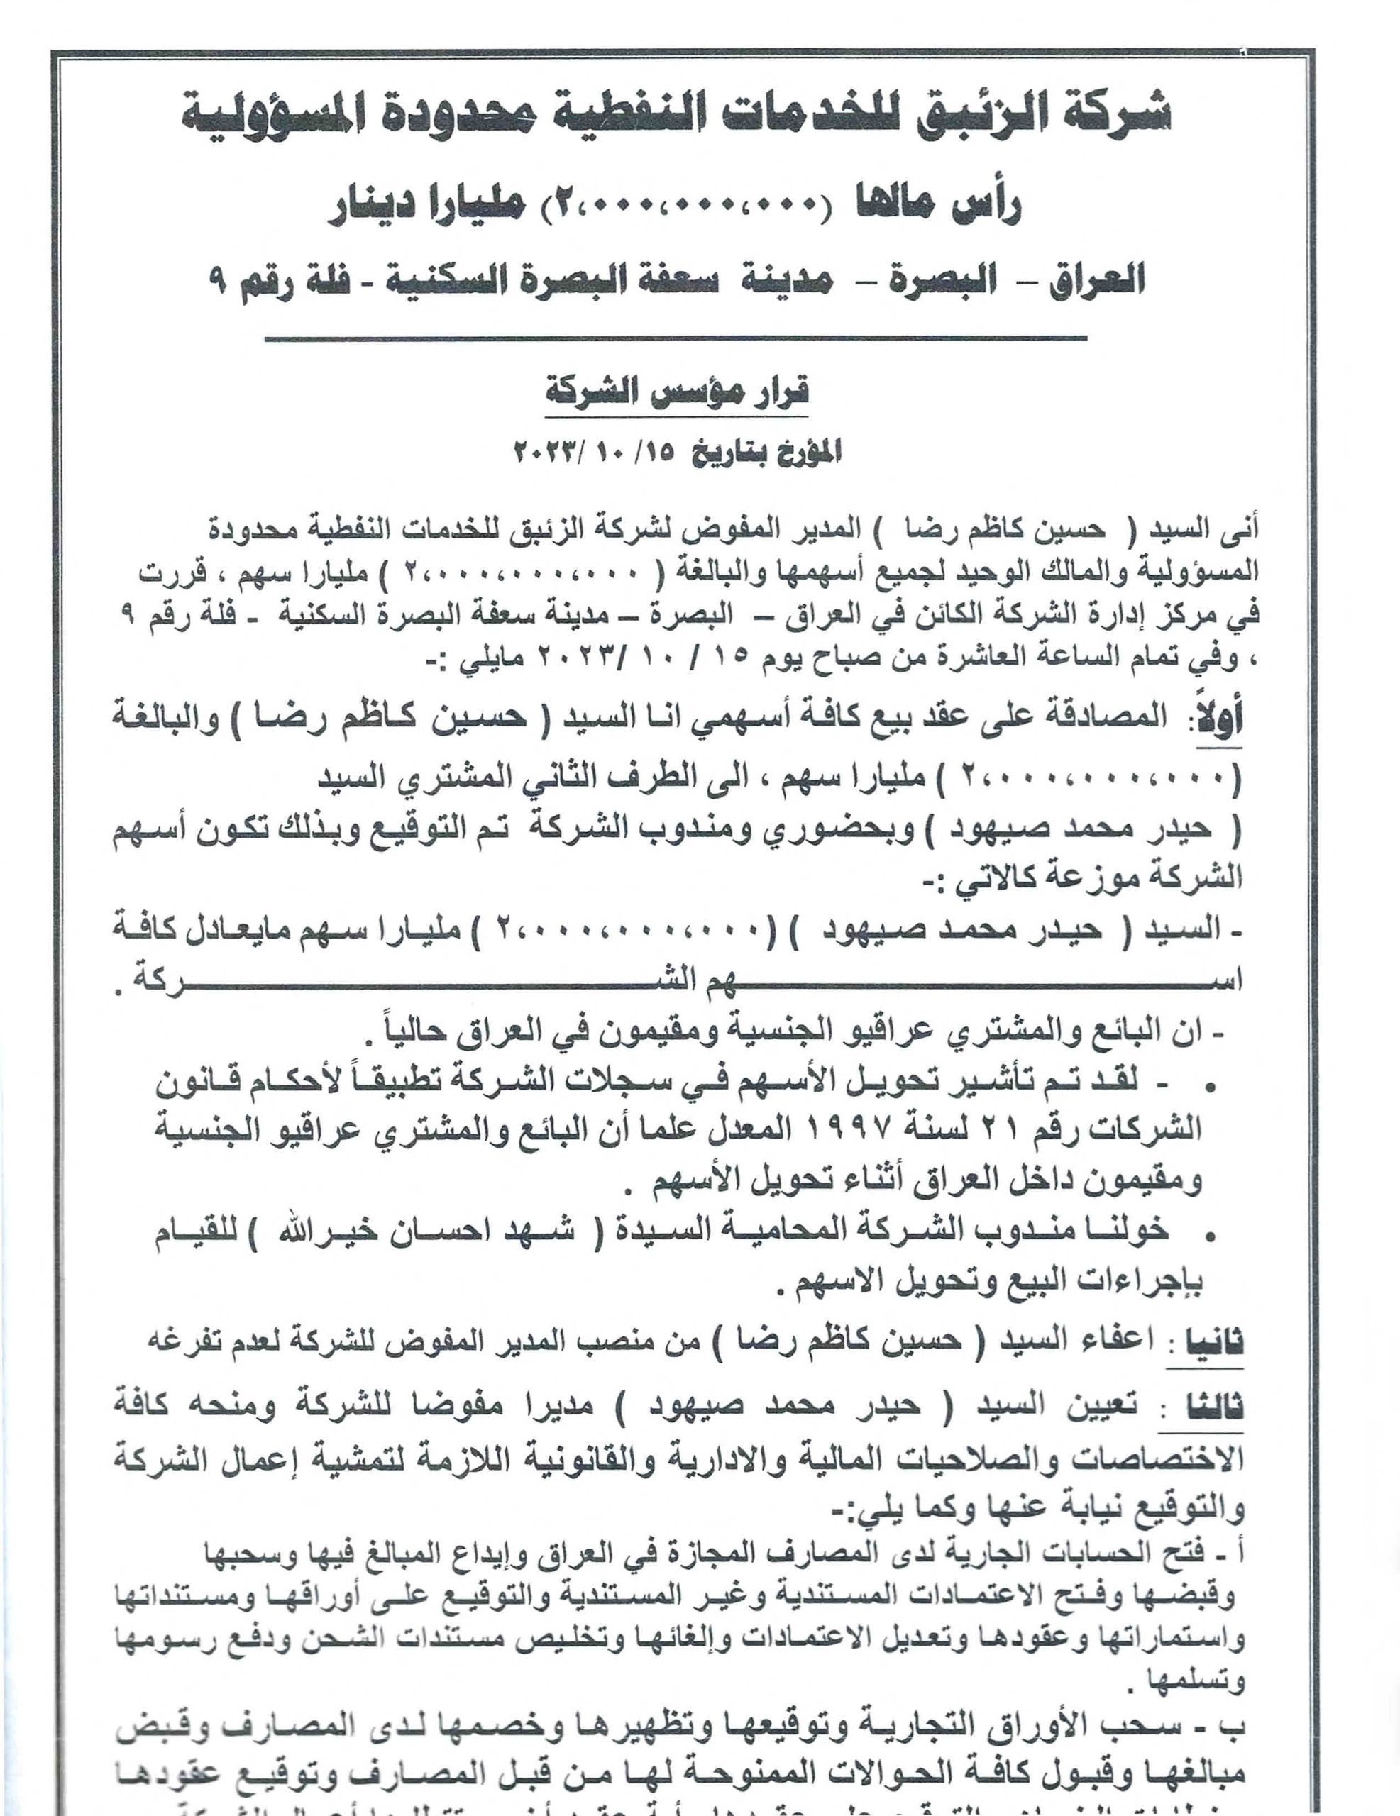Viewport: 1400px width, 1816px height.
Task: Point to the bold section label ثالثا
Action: (1218, 1406)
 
